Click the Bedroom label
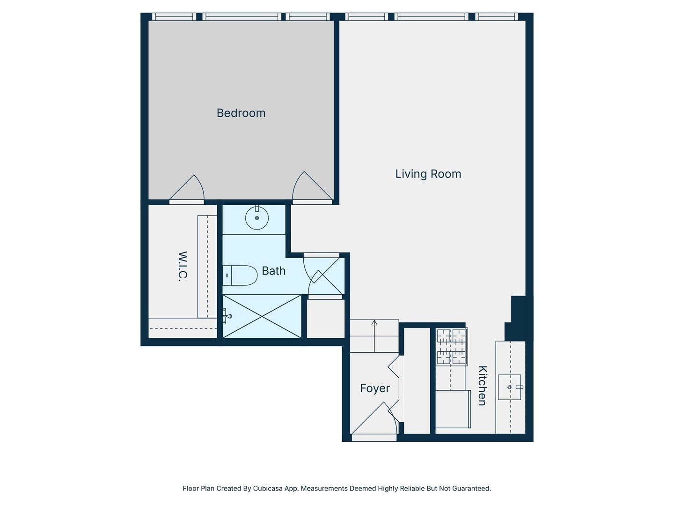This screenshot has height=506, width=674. tap(241, 113)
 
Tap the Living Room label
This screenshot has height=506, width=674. tap(428, 174)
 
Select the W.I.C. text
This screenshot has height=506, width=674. tap(183, 266)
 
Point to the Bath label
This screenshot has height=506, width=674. tap(274, 271)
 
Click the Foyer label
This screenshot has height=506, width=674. tap(374, 388)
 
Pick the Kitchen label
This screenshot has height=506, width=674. tap(483, 386)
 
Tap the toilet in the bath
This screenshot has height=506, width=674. tap(240, 275)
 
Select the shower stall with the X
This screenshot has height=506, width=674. tap(262, 316)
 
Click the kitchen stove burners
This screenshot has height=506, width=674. tap(451, 347)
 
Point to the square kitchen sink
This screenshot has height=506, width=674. tap(509, 387)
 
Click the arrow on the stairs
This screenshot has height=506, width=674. tap(374, 336)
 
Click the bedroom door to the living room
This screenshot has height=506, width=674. tap(312, 186)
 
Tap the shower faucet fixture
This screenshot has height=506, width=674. tap(227, 316)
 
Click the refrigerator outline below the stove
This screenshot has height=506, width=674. tap(453, 409)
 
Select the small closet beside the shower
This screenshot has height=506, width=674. tap(326, 319)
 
